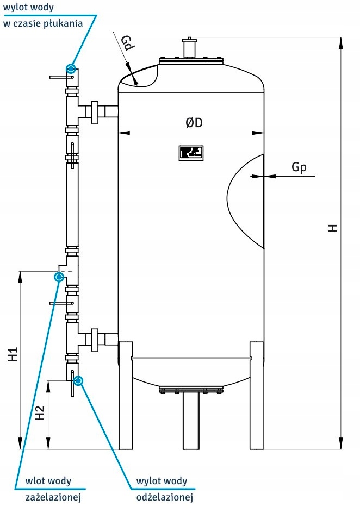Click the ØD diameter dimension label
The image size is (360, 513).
coord(194,123)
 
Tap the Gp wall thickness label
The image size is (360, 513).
coord(299,167)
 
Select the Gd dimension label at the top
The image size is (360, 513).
coord(127,43)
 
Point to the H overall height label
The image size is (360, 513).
coord(333,228)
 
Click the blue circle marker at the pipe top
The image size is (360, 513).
coord(70,68)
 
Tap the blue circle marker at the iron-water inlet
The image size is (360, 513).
coord(59,277)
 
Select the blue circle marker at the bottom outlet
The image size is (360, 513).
coord(78,380)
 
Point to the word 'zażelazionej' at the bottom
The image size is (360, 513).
coord(54,497)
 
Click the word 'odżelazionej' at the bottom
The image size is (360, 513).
coord(165,497)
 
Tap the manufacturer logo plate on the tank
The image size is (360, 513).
coord(190,153)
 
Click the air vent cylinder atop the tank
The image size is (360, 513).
coord(189,48)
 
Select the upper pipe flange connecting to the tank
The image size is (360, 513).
coord(95,112)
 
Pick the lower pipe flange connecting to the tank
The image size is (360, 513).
coord(95,339)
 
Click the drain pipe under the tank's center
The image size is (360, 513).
coord(191,421)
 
